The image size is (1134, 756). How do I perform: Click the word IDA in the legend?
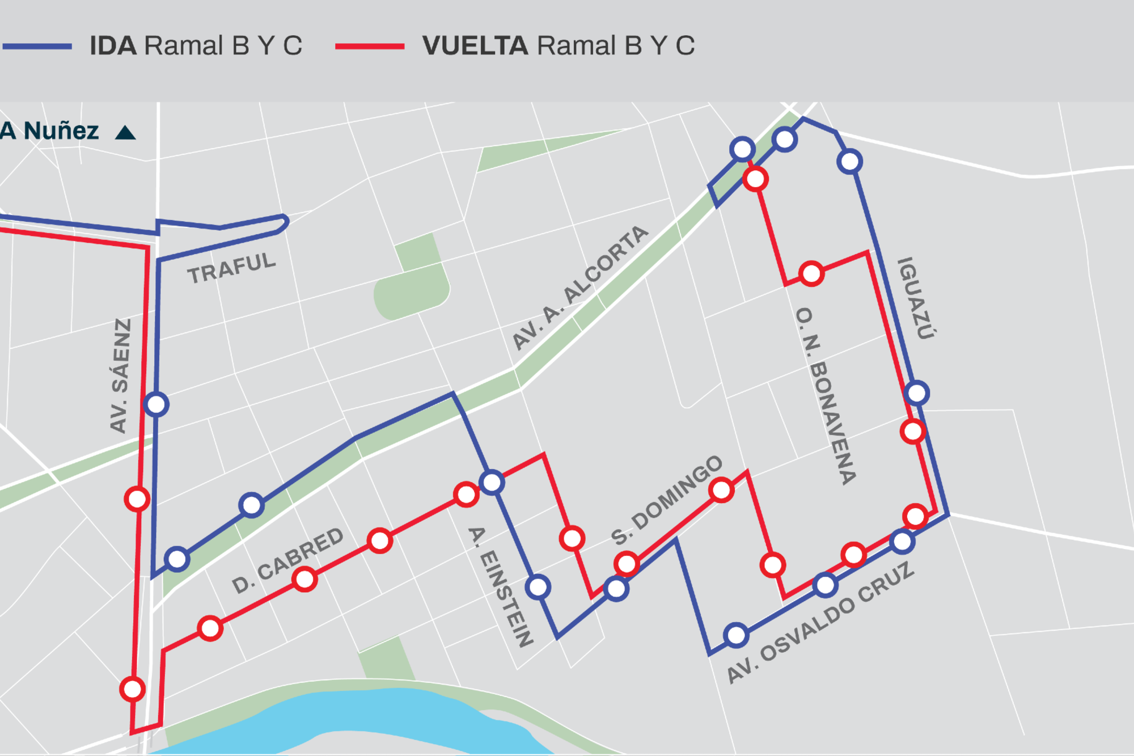point(113,46)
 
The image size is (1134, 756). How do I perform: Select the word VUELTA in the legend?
point(475,46)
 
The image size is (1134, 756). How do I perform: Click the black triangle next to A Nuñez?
point(125,133)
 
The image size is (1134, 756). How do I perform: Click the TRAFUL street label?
point(231,268)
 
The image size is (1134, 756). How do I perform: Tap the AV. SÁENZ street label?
point(120,375)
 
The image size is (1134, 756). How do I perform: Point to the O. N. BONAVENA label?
point(826,395)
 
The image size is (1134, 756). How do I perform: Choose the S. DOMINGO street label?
point(667,500)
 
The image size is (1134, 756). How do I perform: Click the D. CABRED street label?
point(287,560)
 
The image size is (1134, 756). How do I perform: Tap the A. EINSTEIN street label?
point(501,587)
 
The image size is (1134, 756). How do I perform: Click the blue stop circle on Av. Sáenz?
point(156,404)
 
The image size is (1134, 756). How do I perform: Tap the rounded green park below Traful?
point(412,292)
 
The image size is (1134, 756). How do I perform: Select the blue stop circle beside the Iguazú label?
point(917,393)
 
